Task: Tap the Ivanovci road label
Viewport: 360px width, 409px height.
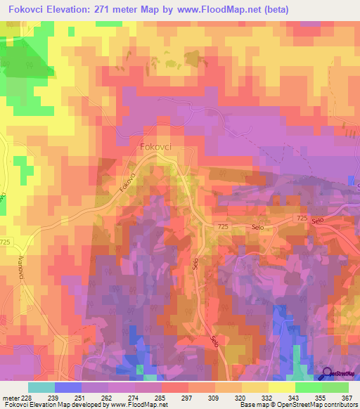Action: (21, 266)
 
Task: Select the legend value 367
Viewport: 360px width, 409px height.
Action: (346, 397)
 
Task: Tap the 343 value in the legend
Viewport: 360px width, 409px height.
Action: (294, 397)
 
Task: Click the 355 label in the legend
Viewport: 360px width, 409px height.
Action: (320, 397)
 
